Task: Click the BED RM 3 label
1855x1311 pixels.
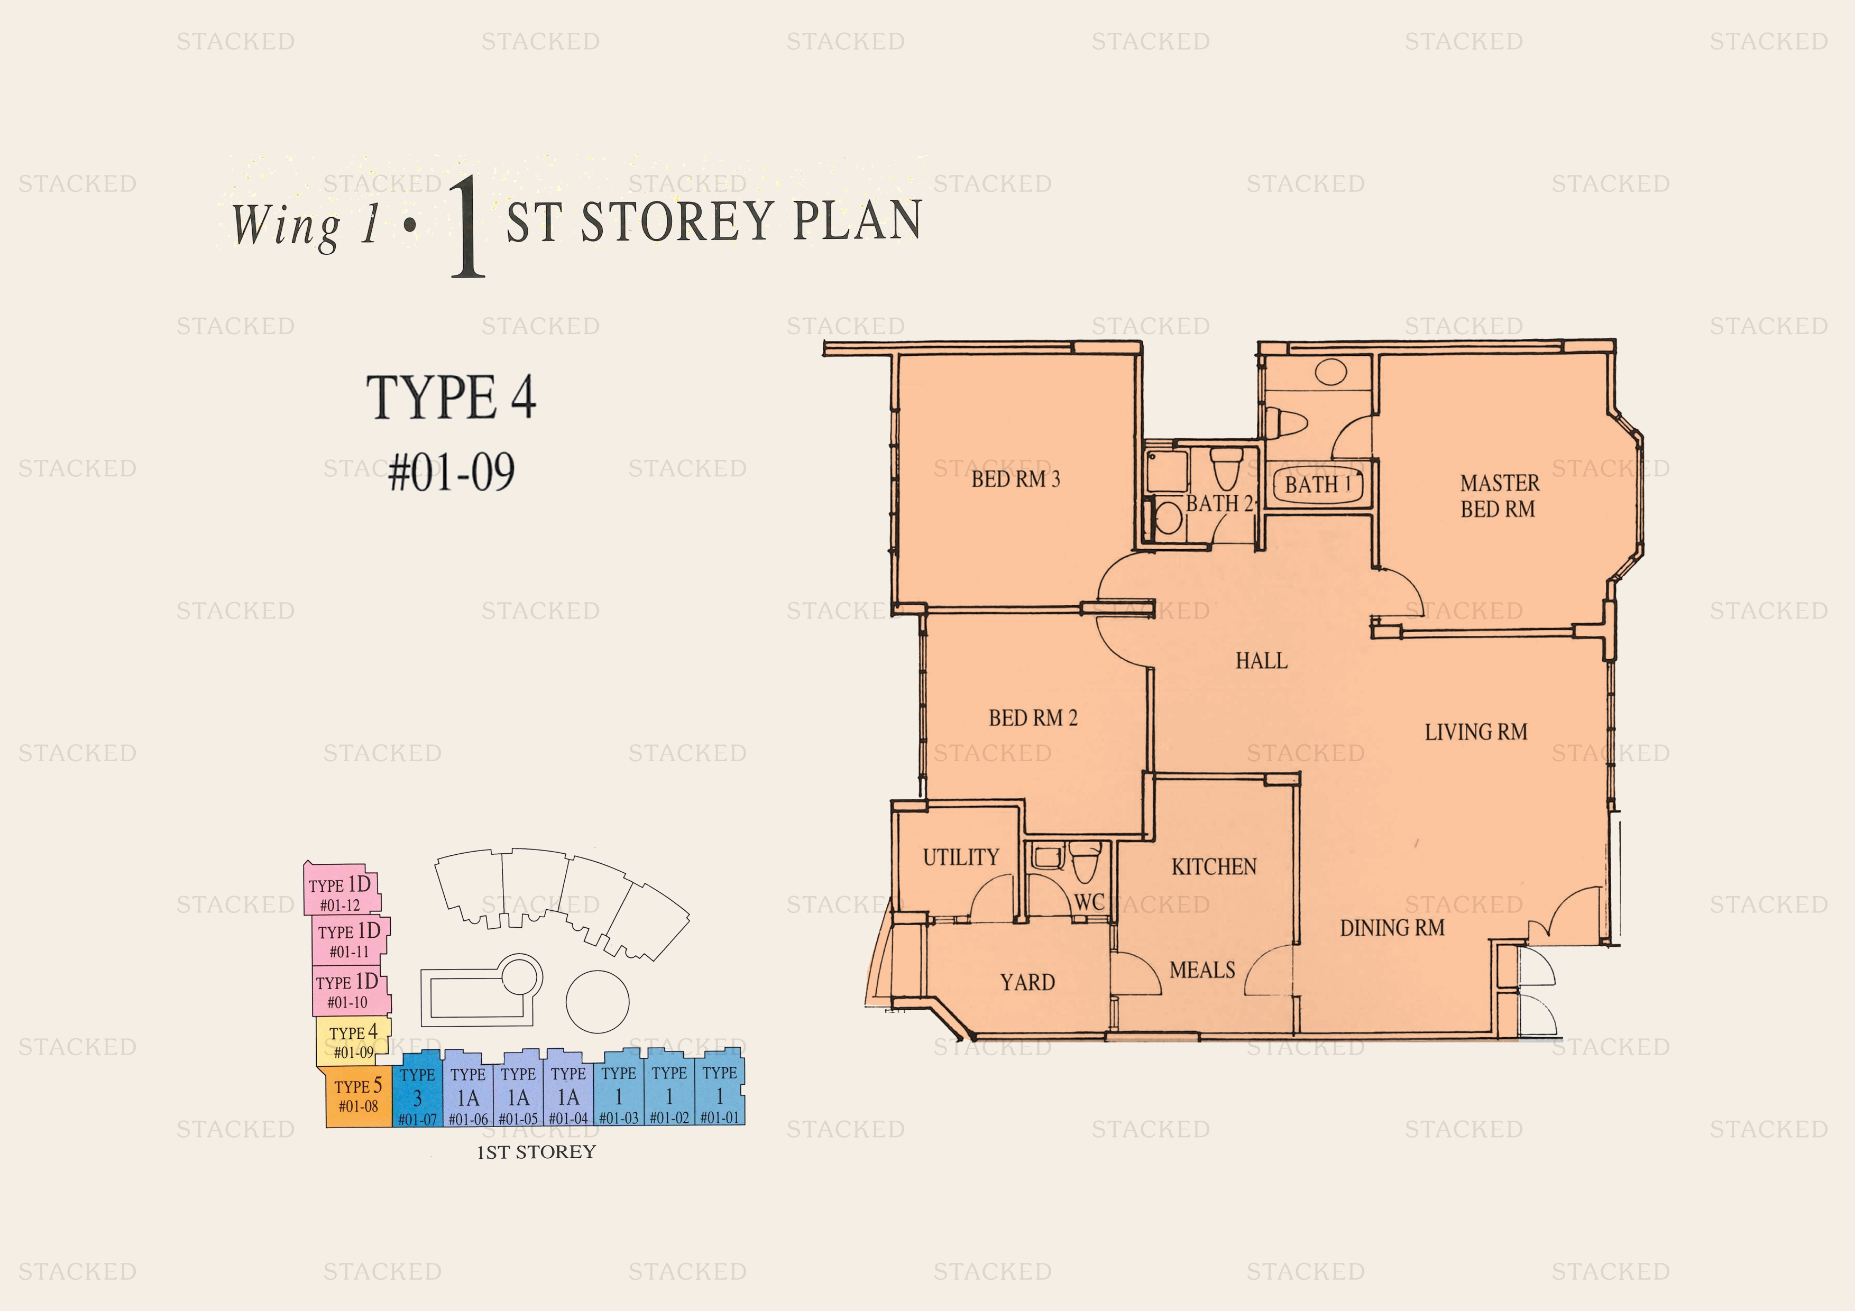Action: (1016, 479)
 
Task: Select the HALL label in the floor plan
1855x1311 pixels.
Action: (1261, 661)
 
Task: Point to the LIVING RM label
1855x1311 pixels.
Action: (1475, 732)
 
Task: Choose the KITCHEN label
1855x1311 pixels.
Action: (1214, 867)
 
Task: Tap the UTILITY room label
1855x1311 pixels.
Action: (961, 857)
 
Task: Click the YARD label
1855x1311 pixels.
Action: (1027, 982)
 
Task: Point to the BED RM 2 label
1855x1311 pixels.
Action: (1033, 718)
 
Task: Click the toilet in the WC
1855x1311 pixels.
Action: (1085, 863)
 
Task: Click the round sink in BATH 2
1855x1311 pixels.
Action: (1168, 518)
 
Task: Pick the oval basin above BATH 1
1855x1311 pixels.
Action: (1330, 372)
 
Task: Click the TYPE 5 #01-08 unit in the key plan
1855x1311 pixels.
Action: (359, 1096)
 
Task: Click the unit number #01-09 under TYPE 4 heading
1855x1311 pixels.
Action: (451, 473)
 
